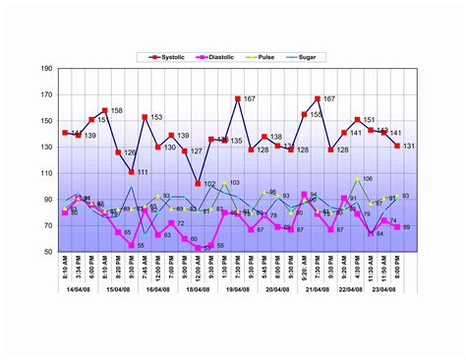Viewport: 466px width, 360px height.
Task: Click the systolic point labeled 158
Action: [x=105, y=111]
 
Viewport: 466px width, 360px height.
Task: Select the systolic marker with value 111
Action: [x=132, y=172]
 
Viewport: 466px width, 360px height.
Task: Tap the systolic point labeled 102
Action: [x=198, y=184]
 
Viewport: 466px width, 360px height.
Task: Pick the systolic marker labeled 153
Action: [x=145, y=117]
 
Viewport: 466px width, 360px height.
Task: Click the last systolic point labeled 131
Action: [x=397, y=146]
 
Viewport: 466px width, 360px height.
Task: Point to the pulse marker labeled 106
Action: [x=357, y=180]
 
